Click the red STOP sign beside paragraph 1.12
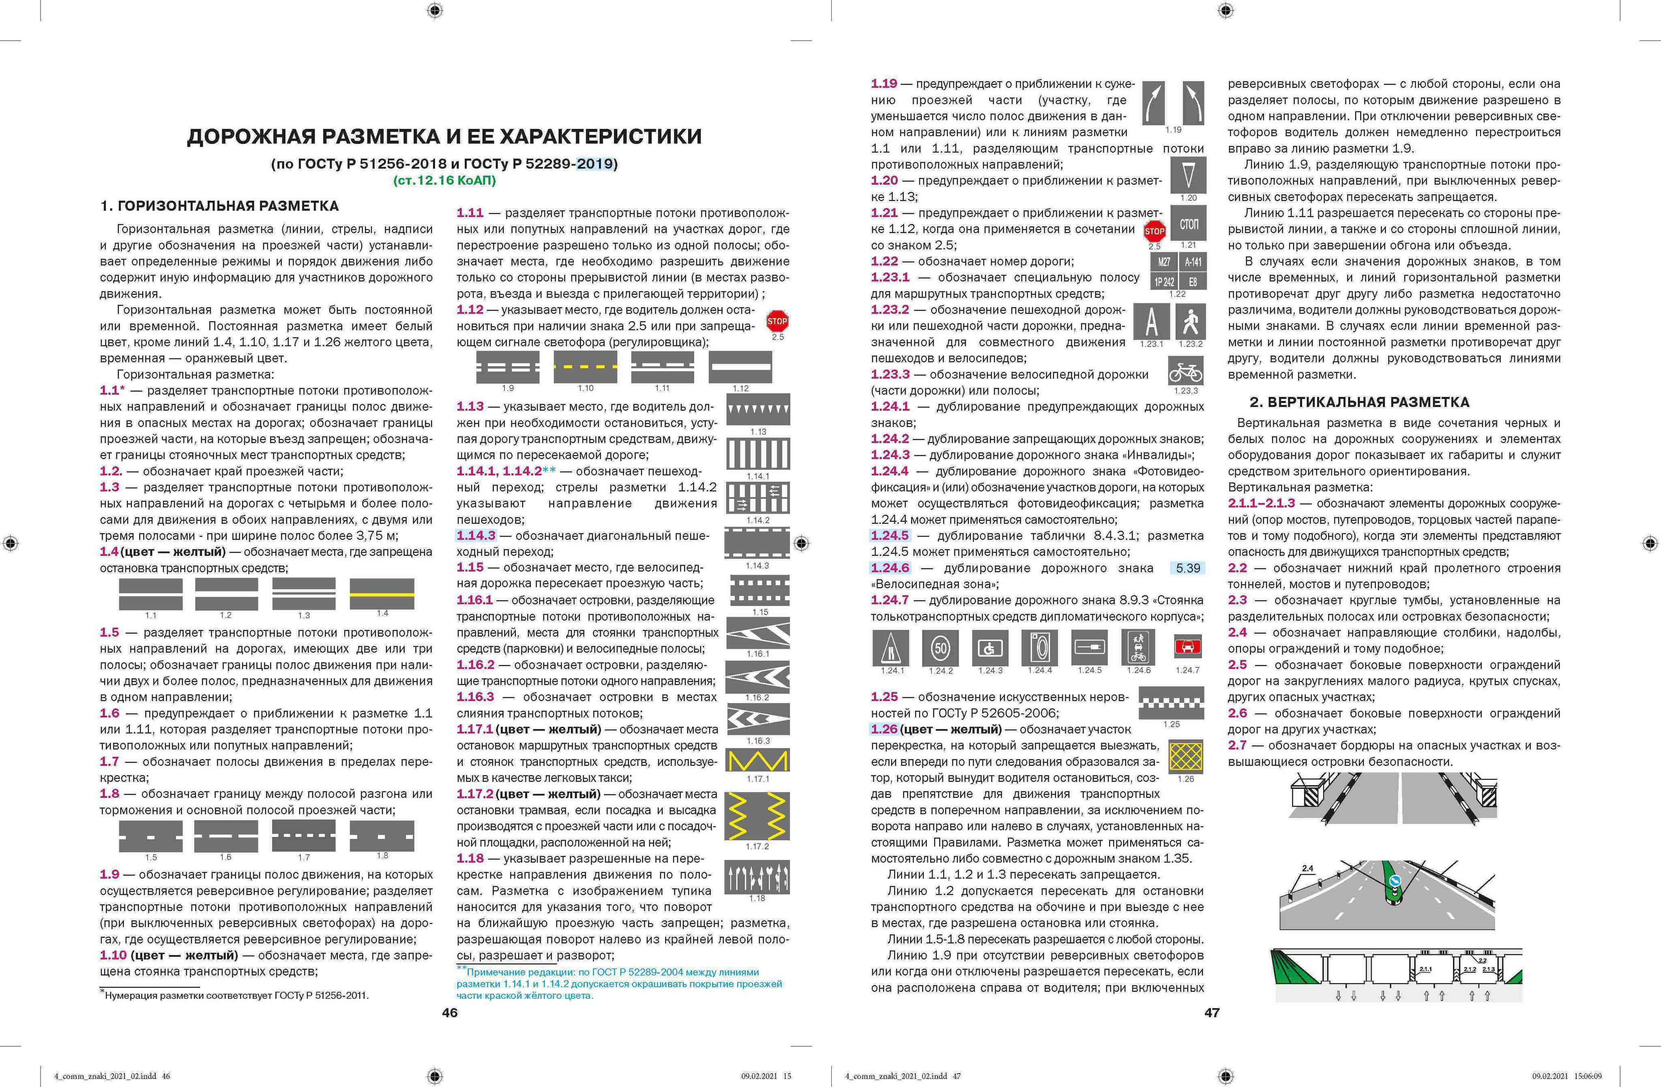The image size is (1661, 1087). pos(777,322)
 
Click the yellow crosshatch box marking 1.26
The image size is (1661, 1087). pos(1186,756)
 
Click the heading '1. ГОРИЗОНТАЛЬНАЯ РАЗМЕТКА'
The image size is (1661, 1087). pos(220,206)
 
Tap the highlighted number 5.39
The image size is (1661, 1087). pos(1188,568)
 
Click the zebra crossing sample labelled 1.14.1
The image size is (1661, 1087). pos(758,454)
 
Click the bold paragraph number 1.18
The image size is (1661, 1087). pos(470,859)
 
